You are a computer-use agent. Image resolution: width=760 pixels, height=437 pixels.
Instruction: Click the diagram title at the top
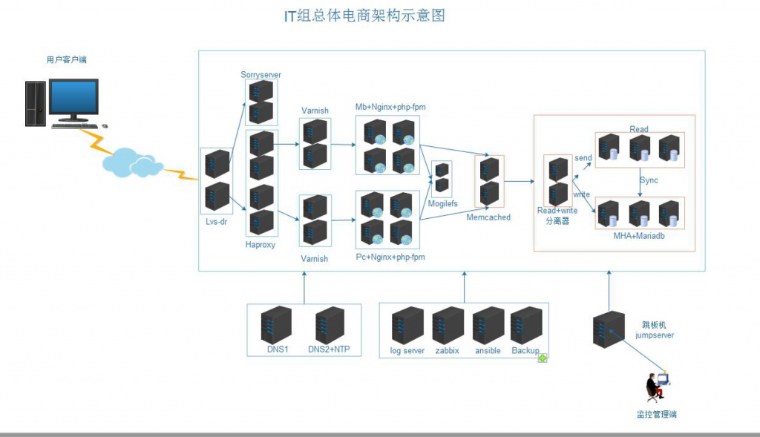point(364,16)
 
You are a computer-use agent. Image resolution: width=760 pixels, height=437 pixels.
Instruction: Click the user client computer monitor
point(73,100)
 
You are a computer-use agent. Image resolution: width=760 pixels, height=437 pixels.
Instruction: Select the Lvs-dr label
point(217,220)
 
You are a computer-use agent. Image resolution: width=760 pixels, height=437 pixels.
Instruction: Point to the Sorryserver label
point(261,75)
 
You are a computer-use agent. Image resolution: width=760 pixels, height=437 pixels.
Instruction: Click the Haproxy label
point(260,244)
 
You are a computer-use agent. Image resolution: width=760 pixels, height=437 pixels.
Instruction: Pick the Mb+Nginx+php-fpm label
point(390,108)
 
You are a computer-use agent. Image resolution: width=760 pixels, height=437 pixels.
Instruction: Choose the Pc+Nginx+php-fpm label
point(390,257)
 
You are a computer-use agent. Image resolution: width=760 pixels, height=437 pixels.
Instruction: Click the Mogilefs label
point(442,203)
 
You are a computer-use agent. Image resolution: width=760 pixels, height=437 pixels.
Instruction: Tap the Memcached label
point(488,217)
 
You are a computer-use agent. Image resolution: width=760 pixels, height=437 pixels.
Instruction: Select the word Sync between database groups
point(649,180)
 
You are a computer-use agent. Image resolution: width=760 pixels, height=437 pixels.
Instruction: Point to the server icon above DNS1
point(276,325)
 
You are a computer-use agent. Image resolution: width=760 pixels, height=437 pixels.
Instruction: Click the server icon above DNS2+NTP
point(330,325)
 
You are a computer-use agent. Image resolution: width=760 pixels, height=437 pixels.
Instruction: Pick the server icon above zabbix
point(448,325)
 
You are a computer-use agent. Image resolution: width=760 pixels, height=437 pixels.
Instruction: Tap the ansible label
point(488,351)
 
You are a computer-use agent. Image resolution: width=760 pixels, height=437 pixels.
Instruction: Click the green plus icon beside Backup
point(543,358)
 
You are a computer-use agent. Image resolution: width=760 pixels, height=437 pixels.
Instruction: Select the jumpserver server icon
point(609,330)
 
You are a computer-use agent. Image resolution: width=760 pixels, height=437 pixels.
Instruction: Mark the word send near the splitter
point(583,158)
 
